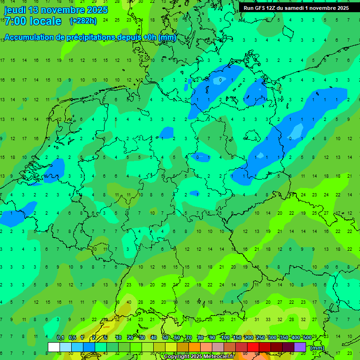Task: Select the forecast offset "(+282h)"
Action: [83, 21]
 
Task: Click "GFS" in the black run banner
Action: [261, 8]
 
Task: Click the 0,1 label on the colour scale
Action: [60, 338]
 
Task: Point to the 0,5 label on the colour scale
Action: [72, 338]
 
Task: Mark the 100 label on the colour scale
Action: [225, 338]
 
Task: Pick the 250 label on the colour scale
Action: [261, 338]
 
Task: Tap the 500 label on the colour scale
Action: [307, 338]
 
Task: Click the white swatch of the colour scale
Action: [54, 347]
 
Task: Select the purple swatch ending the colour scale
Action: [300, 347]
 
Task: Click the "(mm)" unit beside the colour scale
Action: [317, 348]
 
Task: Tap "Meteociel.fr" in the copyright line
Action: [223, 357]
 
